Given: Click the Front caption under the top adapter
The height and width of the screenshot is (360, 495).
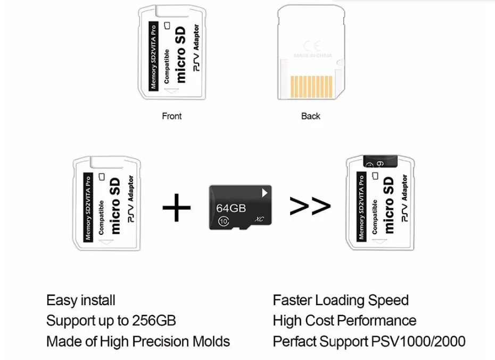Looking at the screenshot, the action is (x=171, y=116).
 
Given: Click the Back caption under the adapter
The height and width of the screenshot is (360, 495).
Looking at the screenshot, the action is (x=311, y=116).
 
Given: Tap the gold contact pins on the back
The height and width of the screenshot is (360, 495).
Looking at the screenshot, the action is (x=312, y=87).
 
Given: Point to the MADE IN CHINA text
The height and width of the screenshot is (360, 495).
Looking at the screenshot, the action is (x=312, y=56).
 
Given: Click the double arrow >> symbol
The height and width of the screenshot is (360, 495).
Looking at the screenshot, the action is (x=310, y=207).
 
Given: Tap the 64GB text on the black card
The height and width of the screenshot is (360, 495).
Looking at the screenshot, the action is (x=232, y=208).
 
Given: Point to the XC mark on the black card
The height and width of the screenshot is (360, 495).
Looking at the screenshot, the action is (x=259, y=219).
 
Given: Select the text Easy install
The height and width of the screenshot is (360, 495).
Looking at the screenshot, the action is (x=81, y=300).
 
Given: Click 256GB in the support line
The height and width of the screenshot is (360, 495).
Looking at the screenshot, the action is (x=153, y=321).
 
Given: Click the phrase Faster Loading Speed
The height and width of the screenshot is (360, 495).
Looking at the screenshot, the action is (x=341, y=300).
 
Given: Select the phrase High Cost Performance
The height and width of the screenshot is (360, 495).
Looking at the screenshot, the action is (x=344, y=321).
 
